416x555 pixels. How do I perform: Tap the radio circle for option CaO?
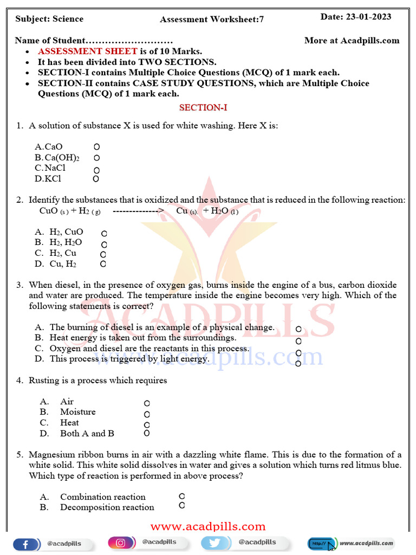(x=96, y=147)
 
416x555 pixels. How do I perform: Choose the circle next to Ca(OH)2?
(x=96, y=158)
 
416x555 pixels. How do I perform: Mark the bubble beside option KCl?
(x=96, y=179)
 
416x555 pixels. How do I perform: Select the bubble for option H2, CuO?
(x=104, y=233)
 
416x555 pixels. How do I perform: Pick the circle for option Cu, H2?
(x=103, y=264)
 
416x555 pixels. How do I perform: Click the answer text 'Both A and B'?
(x=87, y=434)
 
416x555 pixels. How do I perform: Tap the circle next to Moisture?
(x=147, y=414)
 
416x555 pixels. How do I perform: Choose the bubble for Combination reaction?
(x=182, y=496)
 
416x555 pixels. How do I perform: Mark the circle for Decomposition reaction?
(x=182, y=505)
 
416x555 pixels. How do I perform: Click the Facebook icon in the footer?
(x=27, y=544)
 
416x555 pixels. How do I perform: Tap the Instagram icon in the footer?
(x=121, y=543)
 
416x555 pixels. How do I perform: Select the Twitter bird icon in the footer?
(x=214, y=543)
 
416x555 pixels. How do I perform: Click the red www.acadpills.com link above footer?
(x=208, y=527)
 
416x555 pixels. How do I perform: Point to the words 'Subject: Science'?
(x=49, y=19)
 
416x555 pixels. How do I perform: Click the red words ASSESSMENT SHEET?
(x=87, y=51)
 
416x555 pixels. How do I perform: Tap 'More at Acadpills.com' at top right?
(x=352, y=41)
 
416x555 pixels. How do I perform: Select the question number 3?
(x=19, y=285)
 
